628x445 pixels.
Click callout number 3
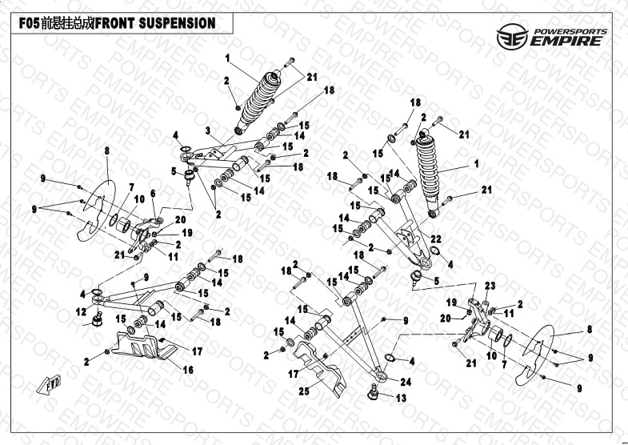206,130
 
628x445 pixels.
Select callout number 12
81,311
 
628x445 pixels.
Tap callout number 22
435,239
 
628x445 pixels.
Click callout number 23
490,286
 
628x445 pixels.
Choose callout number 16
190,371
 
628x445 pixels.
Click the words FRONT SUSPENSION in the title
155,23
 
